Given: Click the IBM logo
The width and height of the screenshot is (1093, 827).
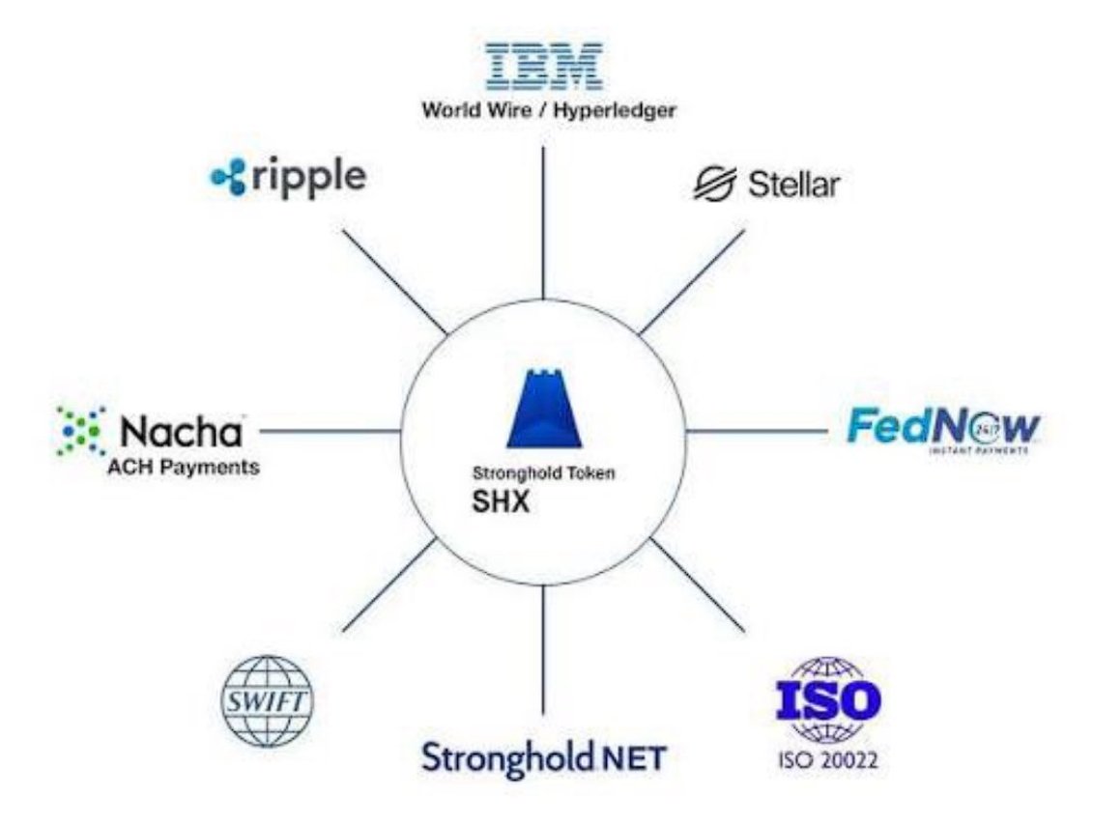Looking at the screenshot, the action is click(543, 65).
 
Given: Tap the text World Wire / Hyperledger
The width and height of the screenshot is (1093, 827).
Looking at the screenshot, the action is click(548, 109).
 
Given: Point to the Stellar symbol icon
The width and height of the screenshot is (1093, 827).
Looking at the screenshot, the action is click(715, 184).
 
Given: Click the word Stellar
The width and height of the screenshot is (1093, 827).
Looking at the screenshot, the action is click(793, 185).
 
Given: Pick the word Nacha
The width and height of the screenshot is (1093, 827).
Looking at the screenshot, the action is click(180, 430).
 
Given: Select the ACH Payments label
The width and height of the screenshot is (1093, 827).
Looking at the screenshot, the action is click(184, 467).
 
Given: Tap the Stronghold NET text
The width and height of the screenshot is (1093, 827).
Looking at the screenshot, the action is click(543, 756).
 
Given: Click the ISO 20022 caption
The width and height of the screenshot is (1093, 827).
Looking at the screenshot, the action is click(828, 759).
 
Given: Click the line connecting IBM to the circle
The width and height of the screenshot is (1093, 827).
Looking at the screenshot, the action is click(543, 222).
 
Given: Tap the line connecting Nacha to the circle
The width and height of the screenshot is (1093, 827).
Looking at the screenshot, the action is click(329, 431).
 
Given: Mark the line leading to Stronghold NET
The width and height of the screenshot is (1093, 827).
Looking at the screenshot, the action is click(543, 647).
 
